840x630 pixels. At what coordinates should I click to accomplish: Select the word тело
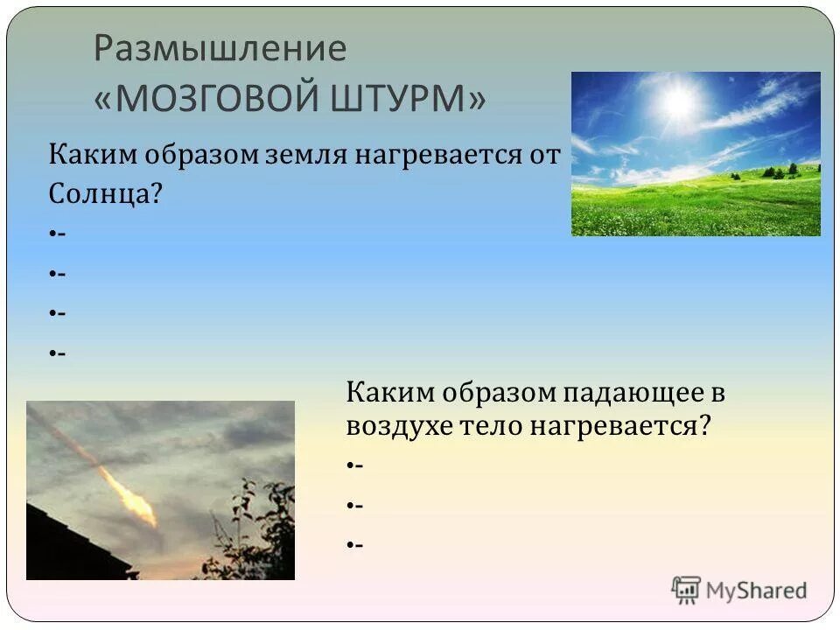493,427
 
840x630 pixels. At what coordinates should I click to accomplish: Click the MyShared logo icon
686,590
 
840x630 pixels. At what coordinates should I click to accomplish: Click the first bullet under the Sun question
54,234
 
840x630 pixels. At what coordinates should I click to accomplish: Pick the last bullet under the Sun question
54,353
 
